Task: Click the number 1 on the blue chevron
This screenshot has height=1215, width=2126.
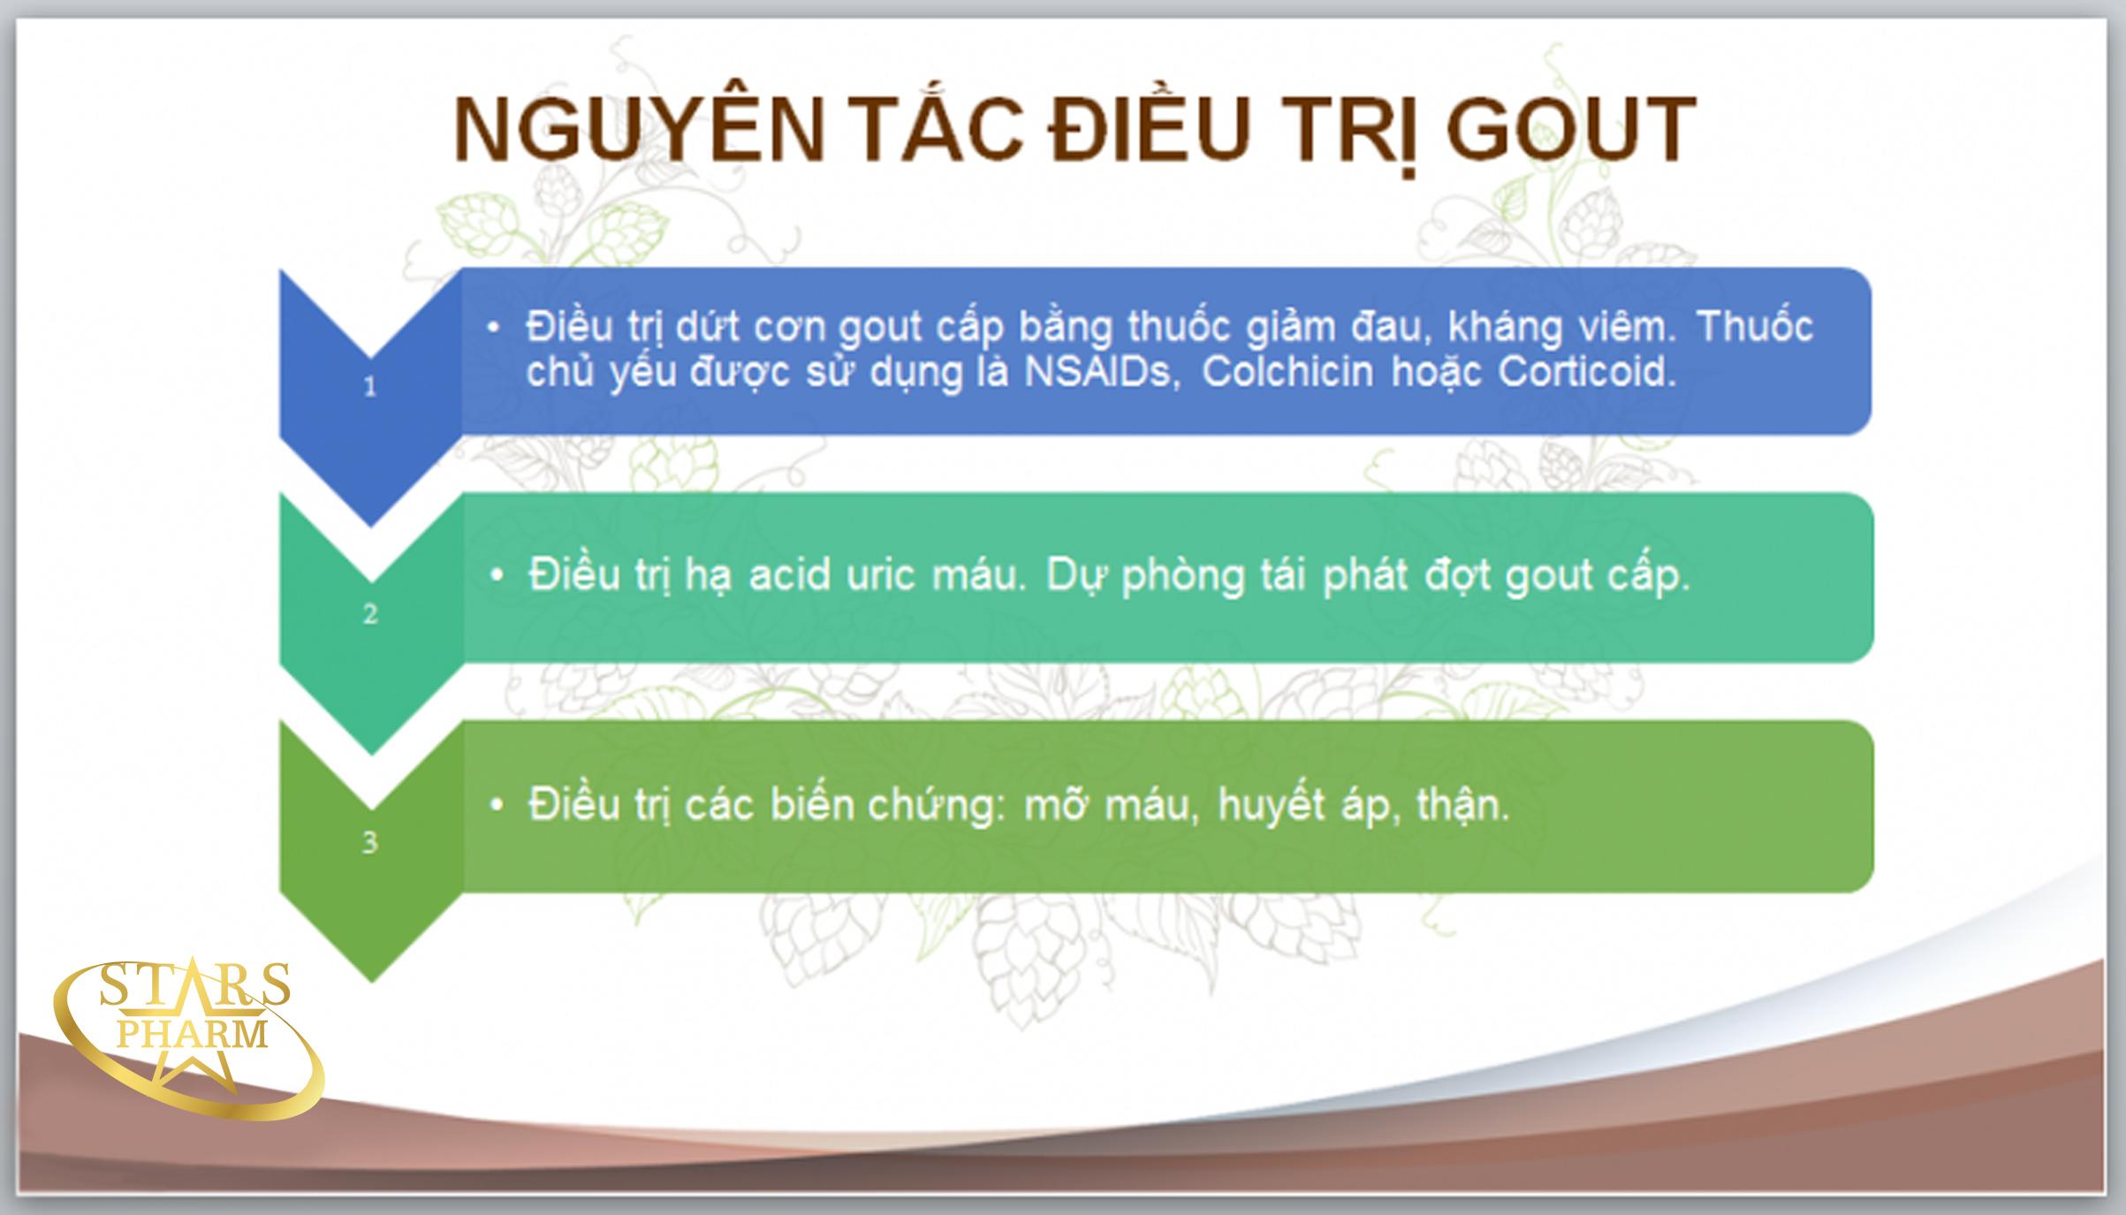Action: click(370, 386)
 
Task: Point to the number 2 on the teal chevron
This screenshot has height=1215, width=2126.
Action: click(370, 614)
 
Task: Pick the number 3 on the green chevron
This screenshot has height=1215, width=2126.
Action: click(370, 842)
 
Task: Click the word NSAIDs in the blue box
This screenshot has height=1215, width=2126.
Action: click(1101, 372)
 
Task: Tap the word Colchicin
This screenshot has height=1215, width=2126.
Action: click(1287, 372)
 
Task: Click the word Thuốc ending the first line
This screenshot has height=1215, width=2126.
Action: click(1754, 327)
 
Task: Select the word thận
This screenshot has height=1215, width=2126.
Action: click(1462, 806)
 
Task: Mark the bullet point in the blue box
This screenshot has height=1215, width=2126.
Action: click(494, 329)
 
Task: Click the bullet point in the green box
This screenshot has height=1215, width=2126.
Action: click(497, 805)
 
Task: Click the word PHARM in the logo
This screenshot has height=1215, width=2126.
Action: click(193, 1034)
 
